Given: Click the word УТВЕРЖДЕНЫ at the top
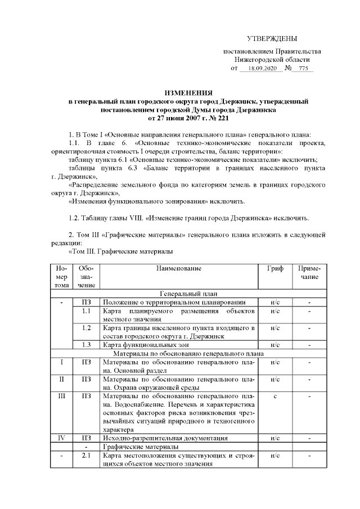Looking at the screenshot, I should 272,38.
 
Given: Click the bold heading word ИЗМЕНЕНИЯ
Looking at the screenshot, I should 188,92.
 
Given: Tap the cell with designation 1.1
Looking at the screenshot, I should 87,310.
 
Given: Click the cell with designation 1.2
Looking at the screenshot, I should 87,327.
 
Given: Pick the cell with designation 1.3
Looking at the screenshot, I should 87,344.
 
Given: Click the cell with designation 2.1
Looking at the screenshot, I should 87,455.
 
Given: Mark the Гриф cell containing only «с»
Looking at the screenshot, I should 276,396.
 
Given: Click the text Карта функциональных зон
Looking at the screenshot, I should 145,345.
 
